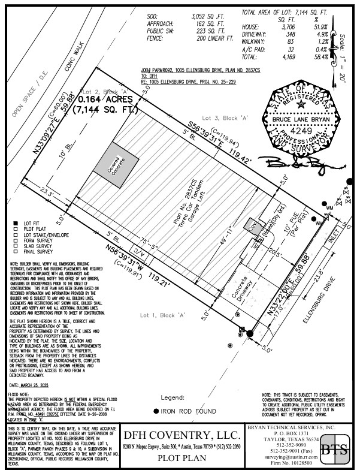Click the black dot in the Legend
[156, 411]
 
